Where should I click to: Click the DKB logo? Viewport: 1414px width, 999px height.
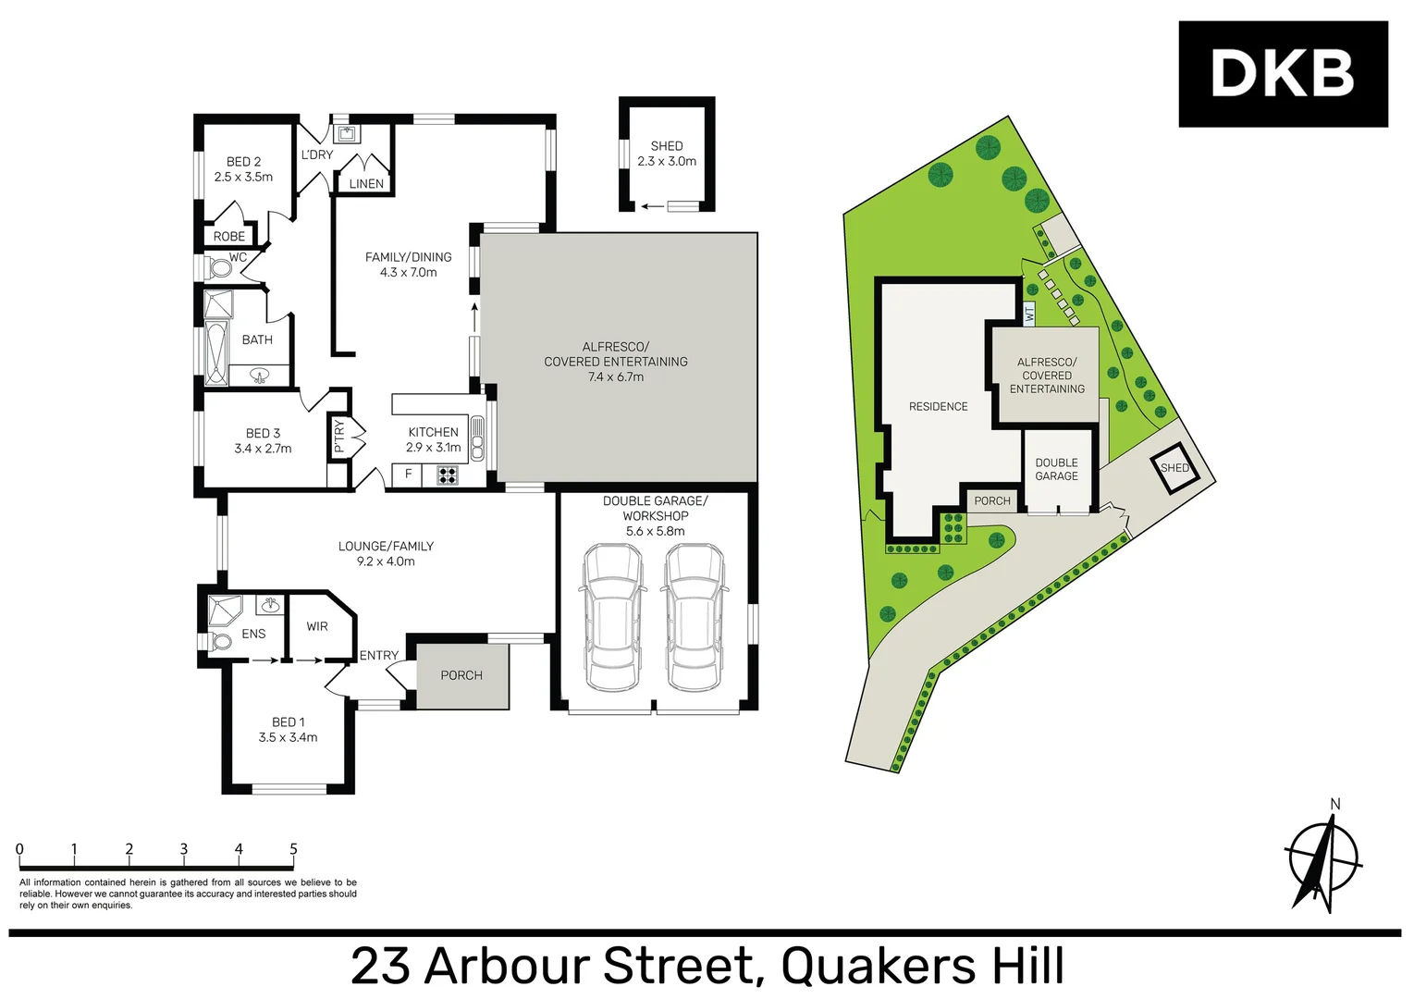1282,74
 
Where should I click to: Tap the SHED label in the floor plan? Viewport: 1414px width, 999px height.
666,146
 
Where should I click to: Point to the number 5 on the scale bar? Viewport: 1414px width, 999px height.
293,849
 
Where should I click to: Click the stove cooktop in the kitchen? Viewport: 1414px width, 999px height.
448,475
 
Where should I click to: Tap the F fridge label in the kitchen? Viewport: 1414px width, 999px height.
408,475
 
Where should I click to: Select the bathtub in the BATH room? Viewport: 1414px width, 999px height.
216,352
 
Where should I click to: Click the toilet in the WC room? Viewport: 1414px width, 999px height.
219,268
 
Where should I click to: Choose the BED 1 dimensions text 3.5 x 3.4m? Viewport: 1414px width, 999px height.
288,737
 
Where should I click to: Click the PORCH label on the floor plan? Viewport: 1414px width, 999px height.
461,675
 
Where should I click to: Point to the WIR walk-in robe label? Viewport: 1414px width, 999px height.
317,626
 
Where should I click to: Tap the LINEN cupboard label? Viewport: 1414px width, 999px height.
366,184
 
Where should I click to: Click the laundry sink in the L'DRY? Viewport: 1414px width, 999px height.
347,134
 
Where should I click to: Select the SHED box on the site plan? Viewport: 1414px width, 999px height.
1174,468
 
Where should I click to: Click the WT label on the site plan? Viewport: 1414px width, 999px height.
1028,314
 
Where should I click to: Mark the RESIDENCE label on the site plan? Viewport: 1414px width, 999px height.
938,406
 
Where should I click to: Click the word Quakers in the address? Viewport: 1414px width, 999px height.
879,966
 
